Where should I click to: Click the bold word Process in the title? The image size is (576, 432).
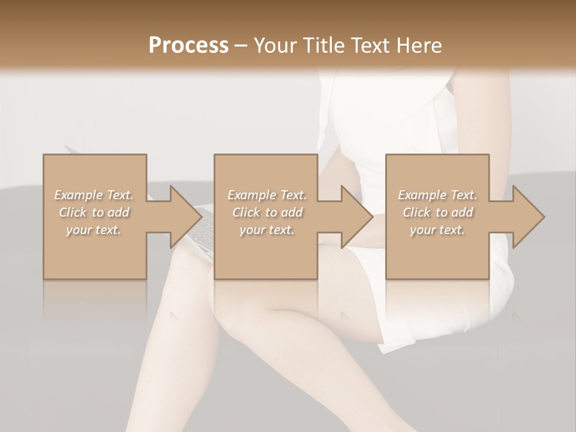[188, 46]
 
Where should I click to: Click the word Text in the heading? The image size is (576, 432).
[371, 46]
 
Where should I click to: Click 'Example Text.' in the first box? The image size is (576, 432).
[94, 195]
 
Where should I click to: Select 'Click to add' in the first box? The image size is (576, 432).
[94, 212]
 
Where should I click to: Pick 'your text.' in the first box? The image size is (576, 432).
[94, 230]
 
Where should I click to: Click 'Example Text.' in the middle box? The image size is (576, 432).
[267, 195]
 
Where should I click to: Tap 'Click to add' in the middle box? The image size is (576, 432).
[267, 212]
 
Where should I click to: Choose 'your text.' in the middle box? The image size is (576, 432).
[267, 230]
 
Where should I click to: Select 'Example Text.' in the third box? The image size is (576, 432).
[437, 195]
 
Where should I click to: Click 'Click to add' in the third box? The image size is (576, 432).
[437, 212]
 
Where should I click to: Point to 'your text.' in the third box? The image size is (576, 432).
[437, 230]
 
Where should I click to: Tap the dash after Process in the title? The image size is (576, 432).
[241, 46]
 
